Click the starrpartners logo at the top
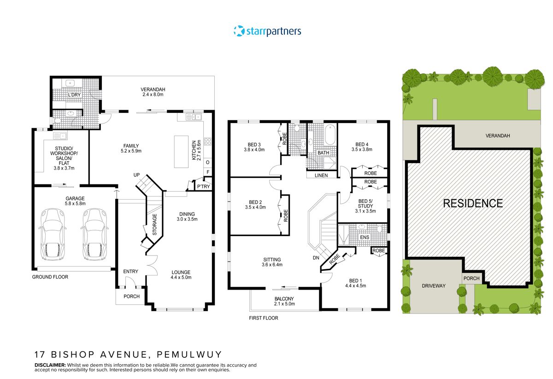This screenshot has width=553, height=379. click(x=267, y=31)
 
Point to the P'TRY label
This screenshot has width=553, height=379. click(x=203, y=186)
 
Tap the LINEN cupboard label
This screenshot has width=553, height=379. click(x=321, y=175)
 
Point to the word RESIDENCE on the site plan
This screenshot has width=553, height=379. click(x=473, y=203)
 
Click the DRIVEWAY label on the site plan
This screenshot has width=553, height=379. click(x=434, y=286)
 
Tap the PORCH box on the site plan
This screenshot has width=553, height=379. click(x=471, y=278)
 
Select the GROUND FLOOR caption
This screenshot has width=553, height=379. click(x=50, y=277)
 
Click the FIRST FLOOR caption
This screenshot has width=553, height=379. click(x=264, y=318)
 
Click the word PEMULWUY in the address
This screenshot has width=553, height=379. click(x=189, y=355)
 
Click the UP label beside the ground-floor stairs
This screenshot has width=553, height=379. click(x=136, y=176)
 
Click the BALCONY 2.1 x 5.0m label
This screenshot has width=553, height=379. click(x=284, y=302)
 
